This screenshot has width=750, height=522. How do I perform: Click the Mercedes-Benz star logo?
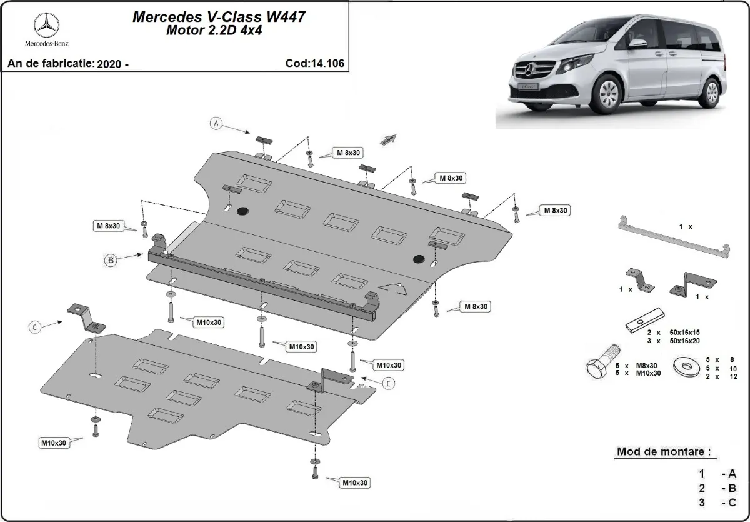click(46, 25)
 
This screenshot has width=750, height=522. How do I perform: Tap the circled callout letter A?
click(216, 123)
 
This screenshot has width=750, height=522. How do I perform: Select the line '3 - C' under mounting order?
click(718, 502)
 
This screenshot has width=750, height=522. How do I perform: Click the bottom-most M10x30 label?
click(354, 483)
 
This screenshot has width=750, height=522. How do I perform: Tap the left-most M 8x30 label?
click(107, 226)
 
